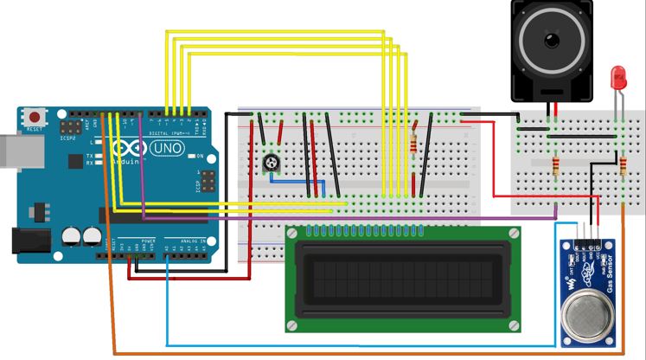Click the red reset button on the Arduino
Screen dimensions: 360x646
click(x=35, y=116)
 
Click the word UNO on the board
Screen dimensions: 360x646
click(x=167, y=149)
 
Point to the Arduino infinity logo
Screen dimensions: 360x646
click(x=127, y=150)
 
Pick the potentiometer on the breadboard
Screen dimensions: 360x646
click(x=272, y=164)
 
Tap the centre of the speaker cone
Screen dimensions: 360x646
click(x=552, y=40)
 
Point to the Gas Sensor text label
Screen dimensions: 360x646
click(x=610, y=273)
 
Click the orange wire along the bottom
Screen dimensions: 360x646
click(x=363, y=354)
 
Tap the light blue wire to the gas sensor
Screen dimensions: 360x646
click(x=363, y=344)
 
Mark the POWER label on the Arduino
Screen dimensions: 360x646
click(x=148, y=241)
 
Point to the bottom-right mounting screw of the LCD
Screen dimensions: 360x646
click(x=514, y=325)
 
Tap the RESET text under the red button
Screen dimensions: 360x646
click(x=35, y=129)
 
